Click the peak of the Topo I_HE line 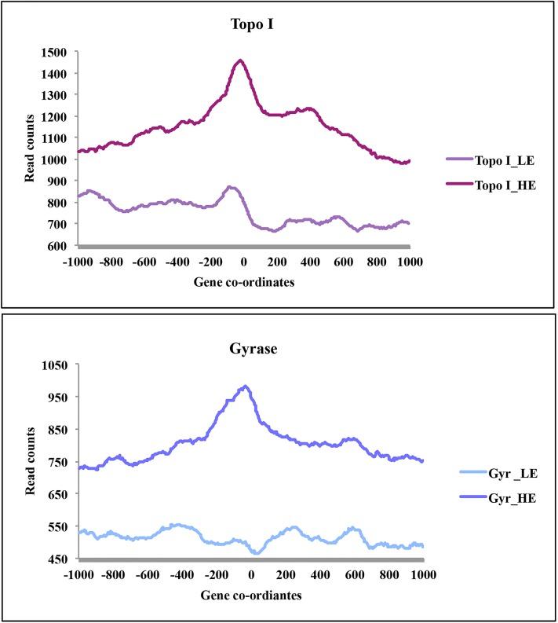point(241,60)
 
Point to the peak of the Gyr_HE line point(246,386)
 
